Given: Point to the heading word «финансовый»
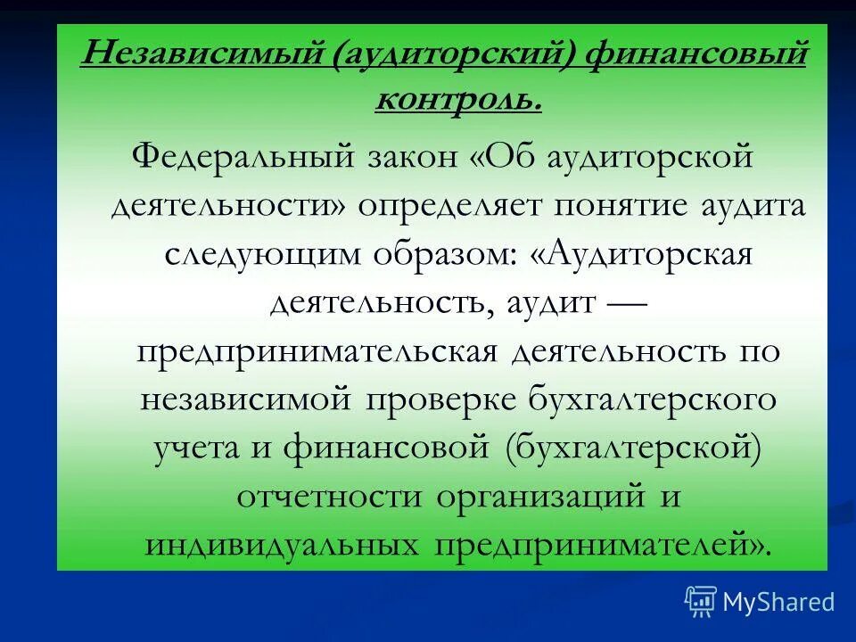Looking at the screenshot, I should pos(696,56).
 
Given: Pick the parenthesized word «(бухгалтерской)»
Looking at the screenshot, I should pos(632,447).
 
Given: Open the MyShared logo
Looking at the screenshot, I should pos(760,602).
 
